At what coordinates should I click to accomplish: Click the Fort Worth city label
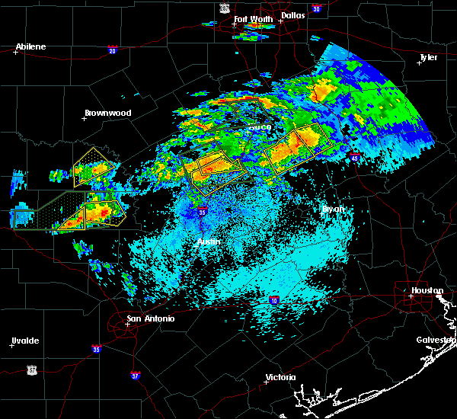click(251, 18)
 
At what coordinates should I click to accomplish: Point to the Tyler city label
click(429, 57)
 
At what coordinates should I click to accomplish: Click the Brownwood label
click(107, 113)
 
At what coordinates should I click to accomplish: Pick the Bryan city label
click(334, 208)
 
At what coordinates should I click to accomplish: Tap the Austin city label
click(209, 241)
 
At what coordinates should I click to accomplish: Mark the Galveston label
click(435, 340)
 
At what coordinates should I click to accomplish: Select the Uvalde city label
click(25, 340)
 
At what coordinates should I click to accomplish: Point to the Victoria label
click(280, 377)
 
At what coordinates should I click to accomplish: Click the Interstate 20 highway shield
click(112, 50)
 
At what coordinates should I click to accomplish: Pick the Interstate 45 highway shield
click(355, 157)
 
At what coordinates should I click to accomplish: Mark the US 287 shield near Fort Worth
click(225, 7)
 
